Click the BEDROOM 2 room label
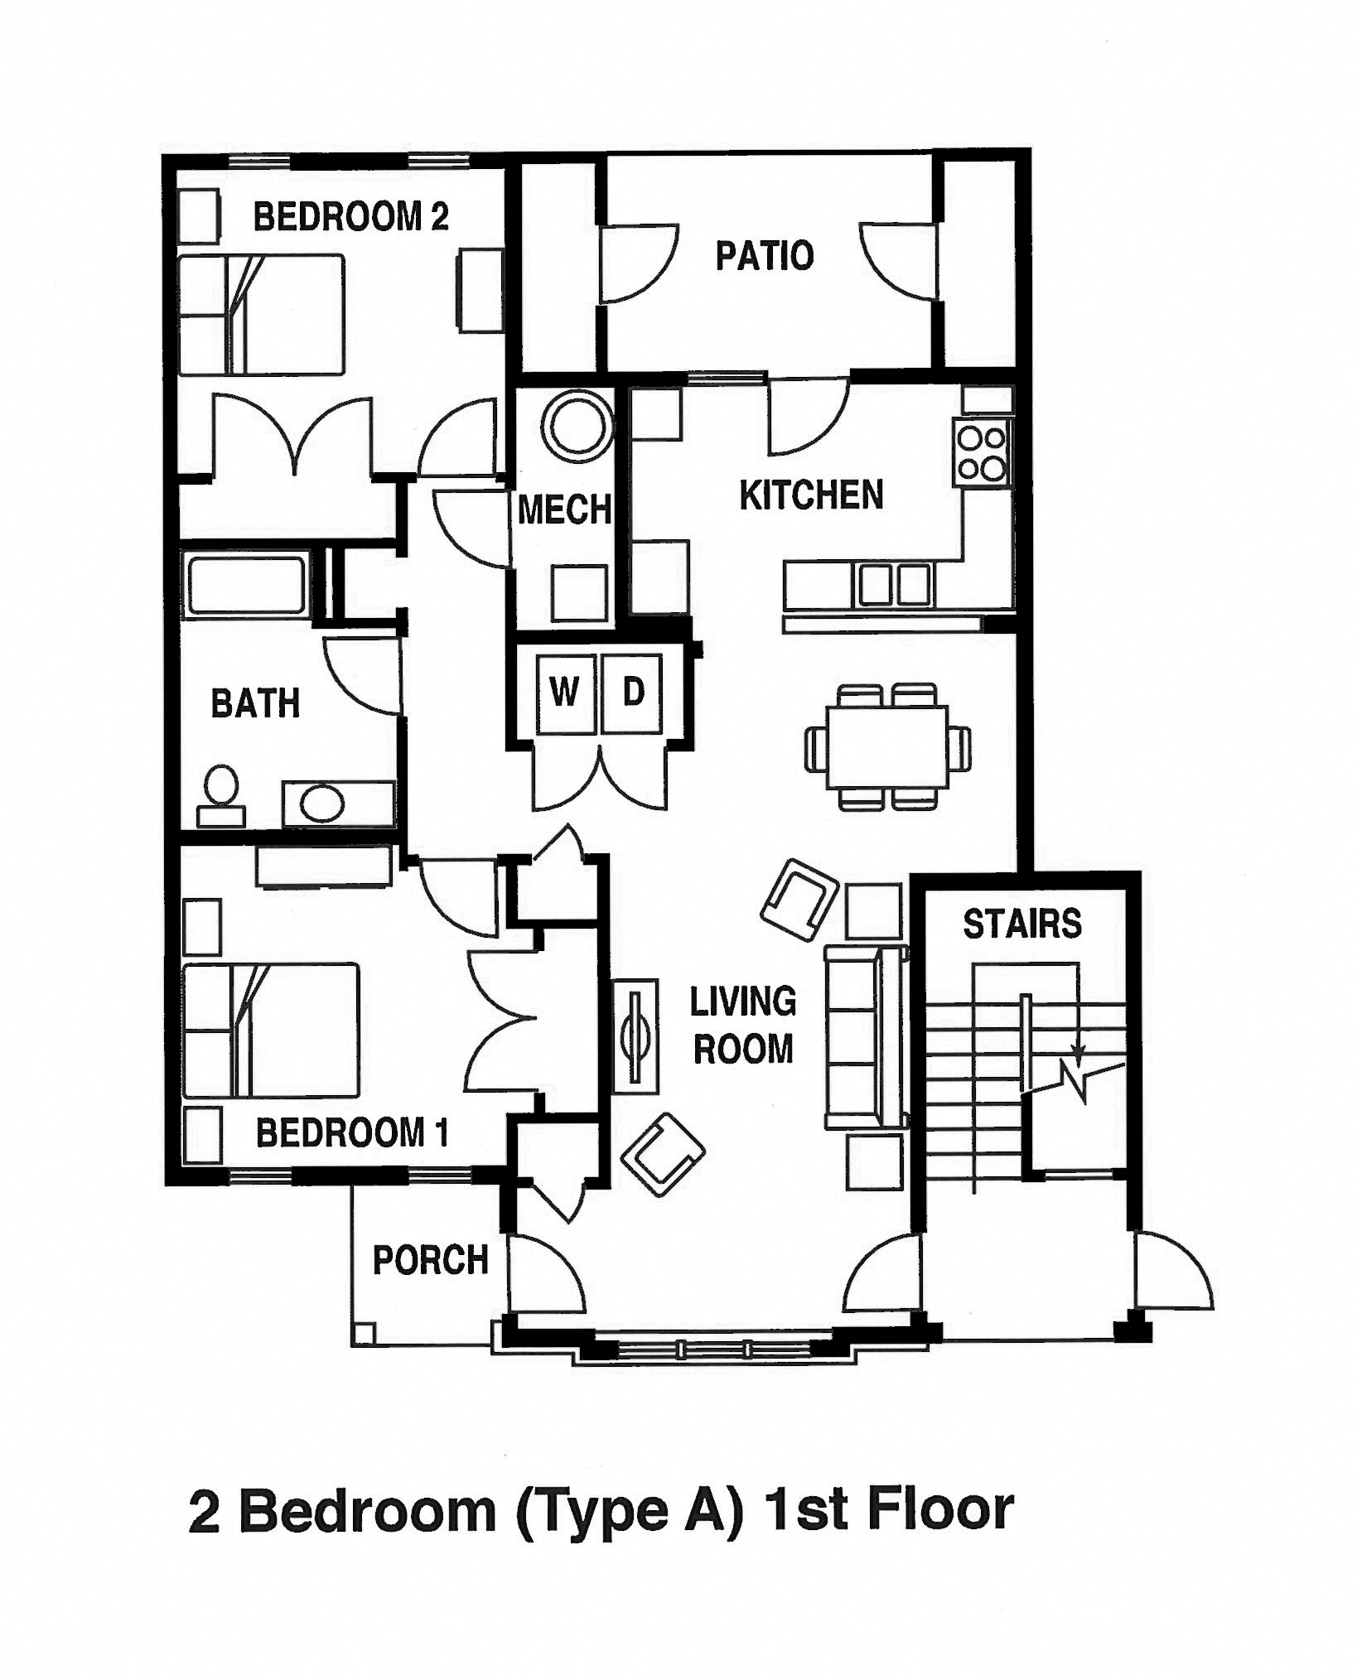point(350,217)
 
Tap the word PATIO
point(765,256)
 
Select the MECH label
point(564,509)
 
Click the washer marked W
point(565,693)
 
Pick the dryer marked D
point(633,693)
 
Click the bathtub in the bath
point(245,587)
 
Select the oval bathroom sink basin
point(323,802)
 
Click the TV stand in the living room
point(636,1036)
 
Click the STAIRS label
point(1022,924)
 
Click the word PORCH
point(430,1260)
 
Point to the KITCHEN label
point(811,495)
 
